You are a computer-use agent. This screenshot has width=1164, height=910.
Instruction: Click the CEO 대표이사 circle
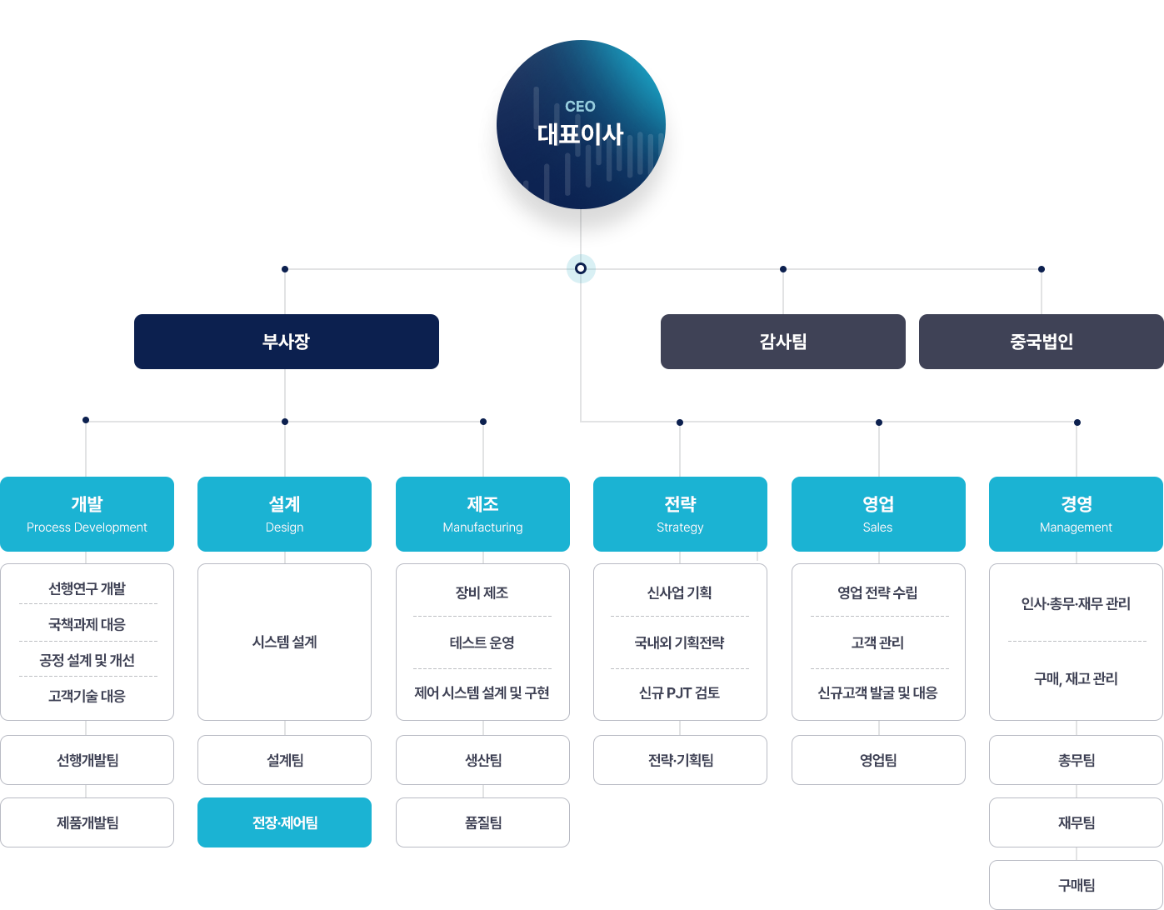(581, 124)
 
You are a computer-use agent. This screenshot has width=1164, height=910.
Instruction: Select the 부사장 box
(286, 341)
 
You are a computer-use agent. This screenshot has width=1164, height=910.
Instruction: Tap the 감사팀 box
(782, 341)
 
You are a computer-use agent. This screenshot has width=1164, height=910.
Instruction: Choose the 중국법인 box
(1041, 341)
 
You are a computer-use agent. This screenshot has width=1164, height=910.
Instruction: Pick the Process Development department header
(87, 513)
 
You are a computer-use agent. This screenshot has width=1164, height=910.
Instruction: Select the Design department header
(284, 513)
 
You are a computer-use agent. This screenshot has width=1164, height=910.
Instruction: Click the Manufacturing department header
(482, 513)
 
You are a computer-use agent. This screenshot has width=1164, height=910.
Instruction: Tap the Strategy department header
(680, 513)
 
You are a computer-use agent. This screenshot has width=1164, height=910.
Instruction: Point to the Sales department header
(878, 513)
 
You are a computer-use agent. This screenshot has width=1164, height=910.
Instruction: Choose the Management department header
(1076, 513)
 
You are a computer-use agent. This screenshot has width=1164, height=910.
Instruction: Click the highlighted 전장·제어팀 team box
(284, 822)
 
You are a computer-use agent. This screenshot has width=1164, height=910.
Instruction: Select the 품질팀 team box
(482, 822)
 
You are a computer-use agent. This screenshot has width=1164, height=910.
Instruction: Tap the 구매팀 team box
(1076, 885)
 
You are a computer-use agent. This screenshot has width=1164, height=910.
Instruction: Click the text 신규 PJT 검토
(679, 692)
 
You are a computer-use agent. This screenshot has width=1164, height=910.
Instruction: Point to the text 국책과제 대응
(87, 624)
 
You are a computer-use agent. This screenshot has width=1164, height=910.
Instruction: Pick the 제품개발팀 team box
(87, 822)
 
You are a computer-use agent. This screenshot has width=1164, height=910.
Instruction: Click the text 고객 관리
(877, 642)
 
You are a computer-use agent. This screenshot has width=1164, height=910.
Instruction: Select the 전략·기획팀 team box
(680, 759)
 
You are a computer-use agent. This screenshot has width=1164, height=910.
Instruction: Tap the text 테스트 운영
(482, 642)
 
